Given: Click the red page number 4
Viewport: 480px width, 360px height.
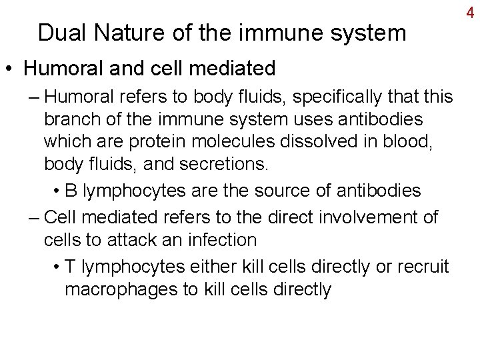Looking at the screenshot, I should coord(469,13).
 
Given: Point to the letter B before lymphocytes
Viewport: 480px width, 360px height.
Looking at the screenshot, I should coord(73,191).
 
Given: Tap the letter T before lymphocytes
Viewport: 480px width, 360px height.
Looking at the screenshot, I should coord(72,266).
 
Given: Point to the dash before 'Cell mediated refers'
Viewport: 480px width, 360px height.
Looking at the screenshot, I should coord(34,216).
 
